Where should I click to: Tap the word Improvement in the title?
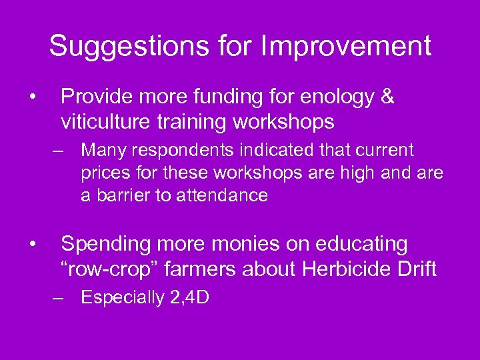tap(346, 47)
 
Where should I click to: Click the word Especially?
tap(122, 297)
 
